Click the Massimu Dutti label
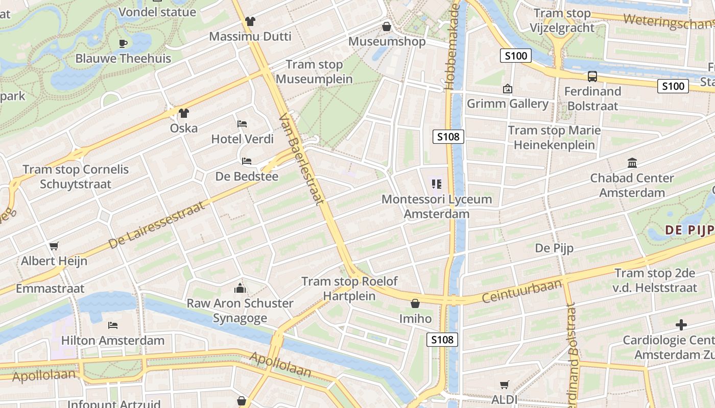click(x=250, y=37)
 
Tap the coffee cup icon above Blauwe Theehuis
click(x=123, y=43)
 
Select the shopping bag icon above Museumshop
click(x=387, y=27)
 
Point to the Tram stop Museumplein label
click(x=314, y=72)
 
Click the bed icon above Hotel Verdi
click(x=243, y=124)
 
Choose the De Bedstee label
click(x=247, y=176)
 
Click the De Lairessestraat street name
click(x=157, y=225)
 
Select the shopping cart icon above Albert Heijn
click(x=54, y=246)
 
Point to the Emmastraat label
click(x=50, y=289)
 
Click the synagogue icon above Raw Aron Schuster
click(x=240, y=289)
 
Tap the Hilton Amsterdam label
click(x=113, y=340)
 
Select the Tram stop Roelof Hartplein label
click(x=349, y=289)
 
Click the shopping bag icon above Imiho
click(x=415, y=304)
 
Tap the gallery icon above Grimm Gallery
click(x=507, y=89)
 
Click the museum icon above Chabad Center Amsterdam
click(x=632, y=163)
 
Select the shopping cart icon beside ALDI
click(x=505, y=385)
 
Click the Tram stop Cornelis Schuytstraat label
click(x=76, y=176)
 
